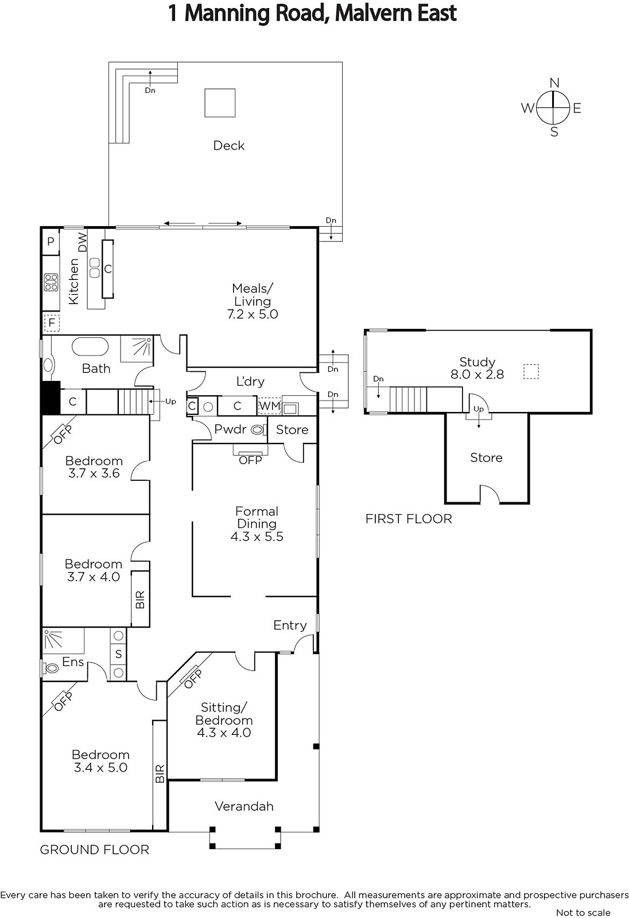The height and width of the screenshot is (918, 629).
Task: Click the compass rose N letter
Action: click(554, 83)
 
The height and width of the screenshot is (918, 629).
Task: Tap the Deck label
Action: click(229, 146)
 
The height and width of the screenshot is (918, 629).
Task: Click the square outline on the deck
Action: click(220, 103)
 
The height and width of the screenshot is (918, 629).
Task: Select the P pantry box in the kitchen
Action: click(51, 242)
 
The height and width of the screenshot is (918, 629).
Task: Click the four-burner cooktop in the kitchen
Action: click(51, 282)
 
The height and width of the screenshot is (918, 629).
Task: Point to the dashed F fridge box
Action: click(52, 322)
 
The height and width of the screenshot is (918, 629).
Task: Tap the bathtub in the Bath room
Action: click(90, 347)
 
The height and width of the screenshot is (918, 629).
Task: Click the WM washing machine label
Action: click(269, 406)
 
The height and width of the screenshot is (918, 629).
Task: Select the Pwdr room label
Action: click(231, 429)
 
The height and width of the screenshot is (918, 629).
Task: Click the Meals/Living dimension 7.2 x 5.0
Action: click(253, 314)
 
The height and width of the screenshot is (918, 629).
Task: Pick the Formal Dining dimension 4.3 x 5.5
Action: click(257, 536)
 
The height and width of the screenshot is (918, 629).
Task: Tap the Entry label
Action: click(290, 625)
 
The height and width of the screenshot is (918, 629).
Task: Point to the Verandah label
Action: click(244, 807)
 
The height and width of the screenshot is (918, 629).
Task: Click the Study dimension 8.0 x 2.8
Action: click(477, 374)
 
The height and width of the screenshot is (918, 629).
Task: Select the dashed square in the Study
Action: click(531, 372)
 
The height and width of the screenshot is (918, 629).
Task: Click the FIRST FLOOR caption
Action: click(409, 519)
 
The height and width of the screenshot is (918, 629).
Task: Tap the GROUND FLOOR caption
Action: click(94, 850)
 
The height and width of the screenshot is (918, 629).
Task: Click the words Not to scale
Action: click(583, 913)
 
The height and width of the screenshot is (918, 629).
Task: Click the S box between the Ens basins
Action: click(118, 654)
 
